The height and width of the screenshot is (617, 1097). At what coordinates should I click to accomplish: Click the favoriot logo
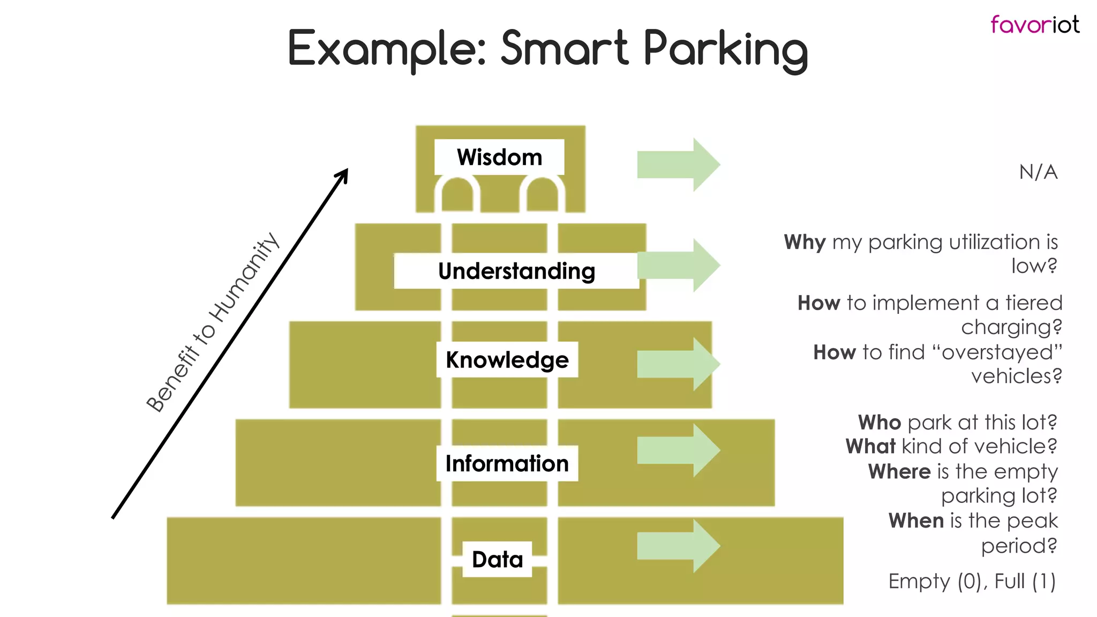pyautogui.click(x=1034, y=25)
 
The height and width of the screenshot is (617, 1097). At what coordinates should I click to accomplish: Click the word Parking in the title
pyautogui.click(x=725, y=50)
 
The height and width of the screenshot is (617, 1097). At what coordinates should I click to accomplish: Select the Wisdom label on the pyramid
pyautogui.click(x=499, y=157)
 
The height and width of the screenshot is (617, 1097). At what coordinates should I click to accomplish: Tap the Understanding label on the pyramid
pyautogui.click(x=516, y=271)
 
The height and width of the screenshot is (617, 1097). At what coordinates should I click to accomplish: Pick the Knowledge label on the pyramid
pyautogui.click(x=507, y=360)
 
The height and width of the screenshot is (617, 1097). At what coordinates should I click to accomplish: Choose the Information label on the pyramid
pyautogui.click(x=507, y=463)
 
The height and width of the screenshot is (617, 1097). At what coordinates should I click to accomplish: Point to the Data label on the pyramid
pyautogui.click(x=497, y=559)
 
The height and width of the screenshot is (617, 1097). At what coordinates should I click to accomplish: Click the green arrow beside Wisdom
pyautogui.click(x=678, y=164)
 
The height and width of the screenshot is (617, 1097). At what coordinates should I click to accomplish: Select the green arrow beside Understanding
pyautogui.click(x=678, y=265)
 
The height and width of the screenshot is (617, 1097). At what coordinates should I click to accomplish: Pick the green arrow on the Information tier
pyautogui.click(x=678, y=450)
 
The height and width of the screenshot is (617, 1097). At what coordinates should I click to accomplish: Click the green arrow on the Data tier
pyautogui.click(x=678, y=546)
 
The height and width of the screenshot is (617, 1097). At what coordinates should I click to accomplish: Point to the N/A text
pyautogui.click(x=1038, y=172)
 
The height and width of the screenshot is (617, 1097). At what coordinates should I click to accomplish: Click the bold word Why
pyautogui.click(x=805, y=242)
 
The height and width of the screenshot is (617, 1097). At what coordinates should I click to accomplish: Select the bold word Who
pyautogui.click(x=880, y=423)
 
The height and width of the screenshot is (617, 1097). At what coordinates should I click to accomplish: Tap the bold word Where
pyautogui.click(x=899, y=472)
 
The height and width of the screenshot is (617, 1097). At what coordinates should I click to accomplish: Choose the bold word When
pyautogui.click(x=916, y=521)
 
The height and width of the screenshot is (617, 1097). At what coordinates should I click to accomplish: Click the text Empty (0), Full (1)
pyautogui.click(x=972, y=581)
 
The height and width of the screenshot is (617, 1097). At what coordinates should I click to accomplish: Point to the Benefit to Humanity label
pyautogui.click(x=213, y=322)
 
